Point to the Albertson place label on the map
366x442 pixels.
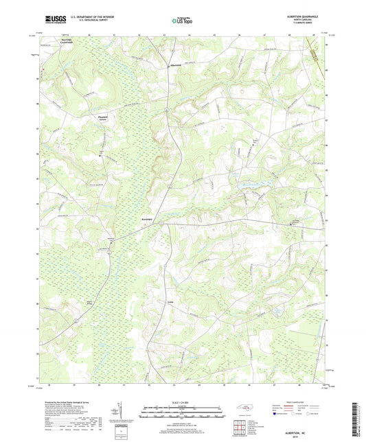[x=176, y=65]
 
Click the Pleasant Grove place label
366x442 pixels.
[x=101, y=118]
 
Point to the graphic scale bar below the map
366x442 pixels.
[x=182, y=415]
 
